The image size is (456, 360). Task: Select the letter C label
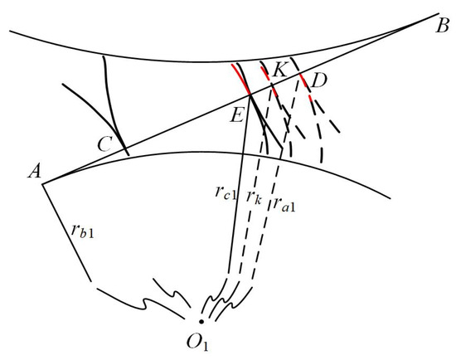pos(104,144)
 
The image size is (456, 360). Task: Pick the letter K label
pos(280,70)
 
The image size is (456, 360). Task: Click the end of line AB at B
pos(438,13)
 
